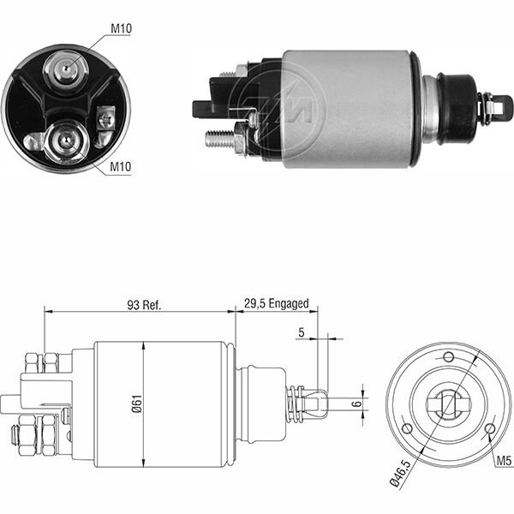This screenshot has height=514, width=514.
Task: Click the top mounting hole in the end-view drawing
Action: click(x=447, y=357)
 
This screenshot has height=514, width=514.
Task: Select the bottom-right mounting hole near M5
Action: click(x=488, y=428)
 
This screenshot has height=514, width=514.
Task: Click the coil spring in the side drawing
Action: click(x=295, y=403)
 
